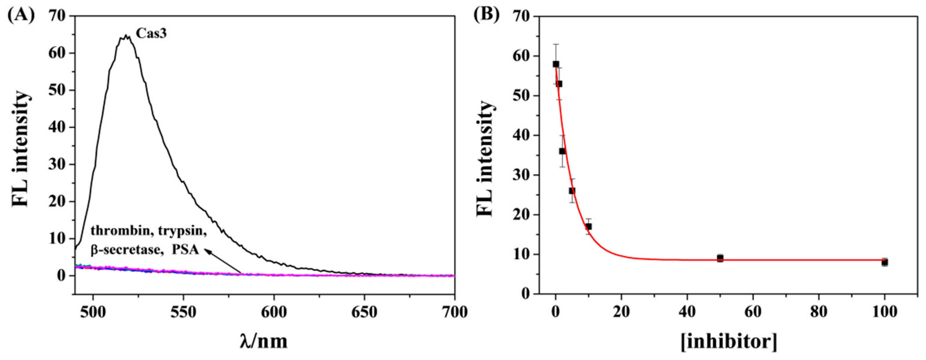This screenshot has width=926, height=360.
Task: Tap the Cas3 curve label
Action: point(151,34)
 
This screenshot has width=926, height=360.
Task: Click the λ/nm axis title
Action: point(264,342)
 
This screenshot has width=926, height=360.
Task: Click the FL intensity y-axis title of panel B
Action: point(485,158)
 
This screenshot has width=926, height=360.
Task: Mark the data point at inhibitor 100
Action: point(885,262)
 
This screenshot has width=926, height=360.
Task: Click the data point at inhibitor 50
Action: point(720,258)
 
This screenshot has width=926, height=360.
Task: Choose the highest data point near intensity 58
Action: point(556,64)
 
